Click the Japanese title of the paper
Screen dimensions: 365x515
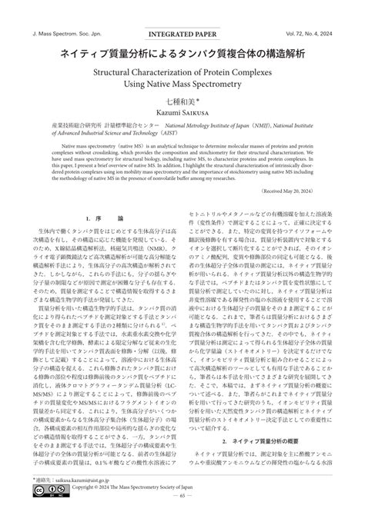tap(182, 55)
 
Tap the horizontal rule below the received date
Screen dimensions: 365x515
tap(182, 221)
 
